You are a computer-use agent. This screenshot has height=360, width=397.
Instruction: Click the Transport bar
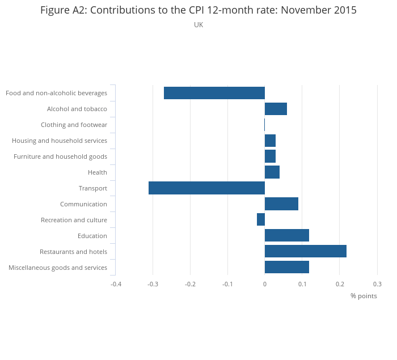pyautogui.click(x=206, y=188)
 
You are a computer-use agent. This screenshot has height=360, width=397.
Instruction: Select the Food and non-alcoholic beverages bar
pyautogui.click(x=214, y=93)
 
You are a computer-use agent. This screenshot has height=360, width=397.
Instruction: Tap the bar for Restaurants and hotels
pyautogui.click(x=305, y=251)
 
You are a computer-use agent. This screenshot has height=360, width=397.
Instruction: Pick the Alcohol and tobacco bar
pyautogui.click(x=276, y=109)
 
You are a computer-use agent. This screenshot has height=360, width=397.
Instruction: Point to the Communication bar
pyautogui.click(x=281, y=204)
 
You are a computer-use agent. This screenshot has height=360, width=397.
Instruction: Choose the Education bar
pyautogui.click(x=286, y=235)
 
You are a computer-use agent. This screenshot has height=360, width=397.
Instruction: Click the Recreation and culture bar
pyautogui.click(x=261, y=219)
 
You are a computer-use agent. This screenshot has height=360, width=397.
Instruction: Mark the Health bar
pyautogui.click(x=272, y=172)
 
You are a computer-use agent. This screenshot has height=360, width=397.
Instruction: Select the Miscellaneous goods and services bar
pyautogui.click(x=286, y=267)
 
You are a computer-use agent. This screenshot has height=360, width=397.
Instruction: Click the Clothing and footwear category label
pyautogui.click(x=74, y=125)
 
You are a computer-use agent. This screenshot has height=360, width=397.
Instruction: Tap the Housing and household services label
pyautogui.click(x=60, y=141)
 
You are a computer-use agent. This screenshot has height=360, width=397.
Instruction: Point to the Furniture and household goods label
pyautogui.click(x=60, y=156)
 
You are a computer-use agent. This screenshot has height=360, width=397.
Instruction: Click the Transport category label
pyautogui.click(x=92, y=188)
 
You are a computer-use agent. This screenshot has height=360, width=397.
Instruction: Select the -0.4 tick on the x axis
pyautogui.click(x=116, y=284)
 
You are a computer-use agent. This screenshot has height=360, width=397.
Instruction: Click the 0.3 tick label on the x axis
pyautogui.click(x=377, y=284)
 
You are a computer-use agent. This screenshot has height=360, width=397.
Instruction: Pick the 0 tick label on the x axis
pyautogui.click(x=265, y=284)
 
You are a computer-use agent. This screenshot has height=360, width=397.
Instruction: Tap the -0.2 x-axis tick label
pyautogui.click(x=190, y=284)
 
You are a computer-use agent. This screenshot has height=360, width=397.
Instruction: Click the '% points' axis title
pyautogui.click(x=364, y=296)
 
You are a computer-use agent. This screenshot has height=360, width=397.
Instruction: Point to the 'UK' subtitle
pyautogui.click(x=198, y=25)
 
